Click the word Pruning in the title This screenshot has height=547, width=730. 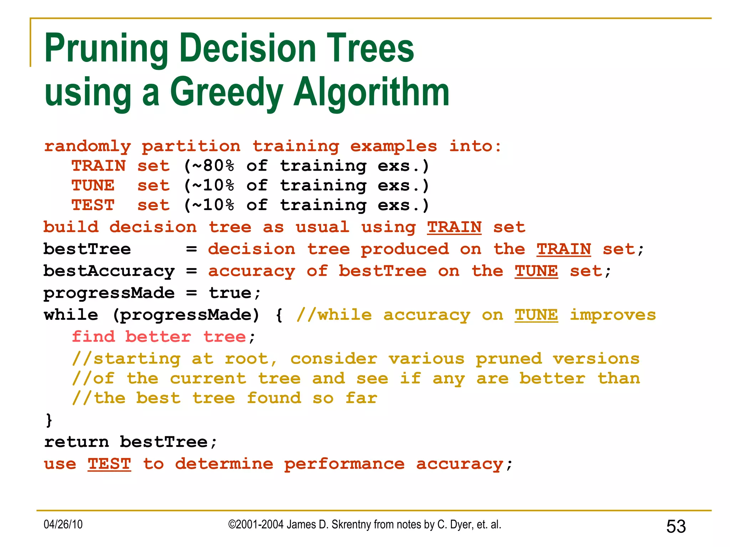[106, 49]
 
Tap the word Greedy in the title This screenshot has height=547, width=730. [227, 93]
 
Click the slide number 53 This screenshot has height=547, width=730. [675, 526]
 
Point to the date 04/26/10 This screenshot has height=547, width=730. [63, 525]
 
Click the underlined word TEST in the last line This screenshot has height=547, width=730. [109, 464]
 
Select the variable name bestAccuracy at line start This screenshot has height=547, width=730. [109, 271]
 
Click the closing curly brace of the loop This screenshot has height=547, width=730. [49, 420]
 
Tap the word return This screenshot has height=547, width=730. [76, 442]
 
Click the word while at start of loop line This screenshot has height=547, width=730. [71, 315]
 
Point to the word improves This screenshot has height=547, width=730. [612, 315]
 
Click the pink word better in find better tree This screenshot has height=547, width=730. [158, 337]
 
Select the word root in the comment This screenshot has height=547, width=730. [247, 359]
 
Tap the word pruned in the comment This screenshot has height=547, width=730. [508, 359]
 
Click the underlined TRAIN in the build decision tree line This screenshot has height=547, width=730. [454, 228]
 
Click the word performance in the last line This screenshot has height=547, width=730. [344, 464]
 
